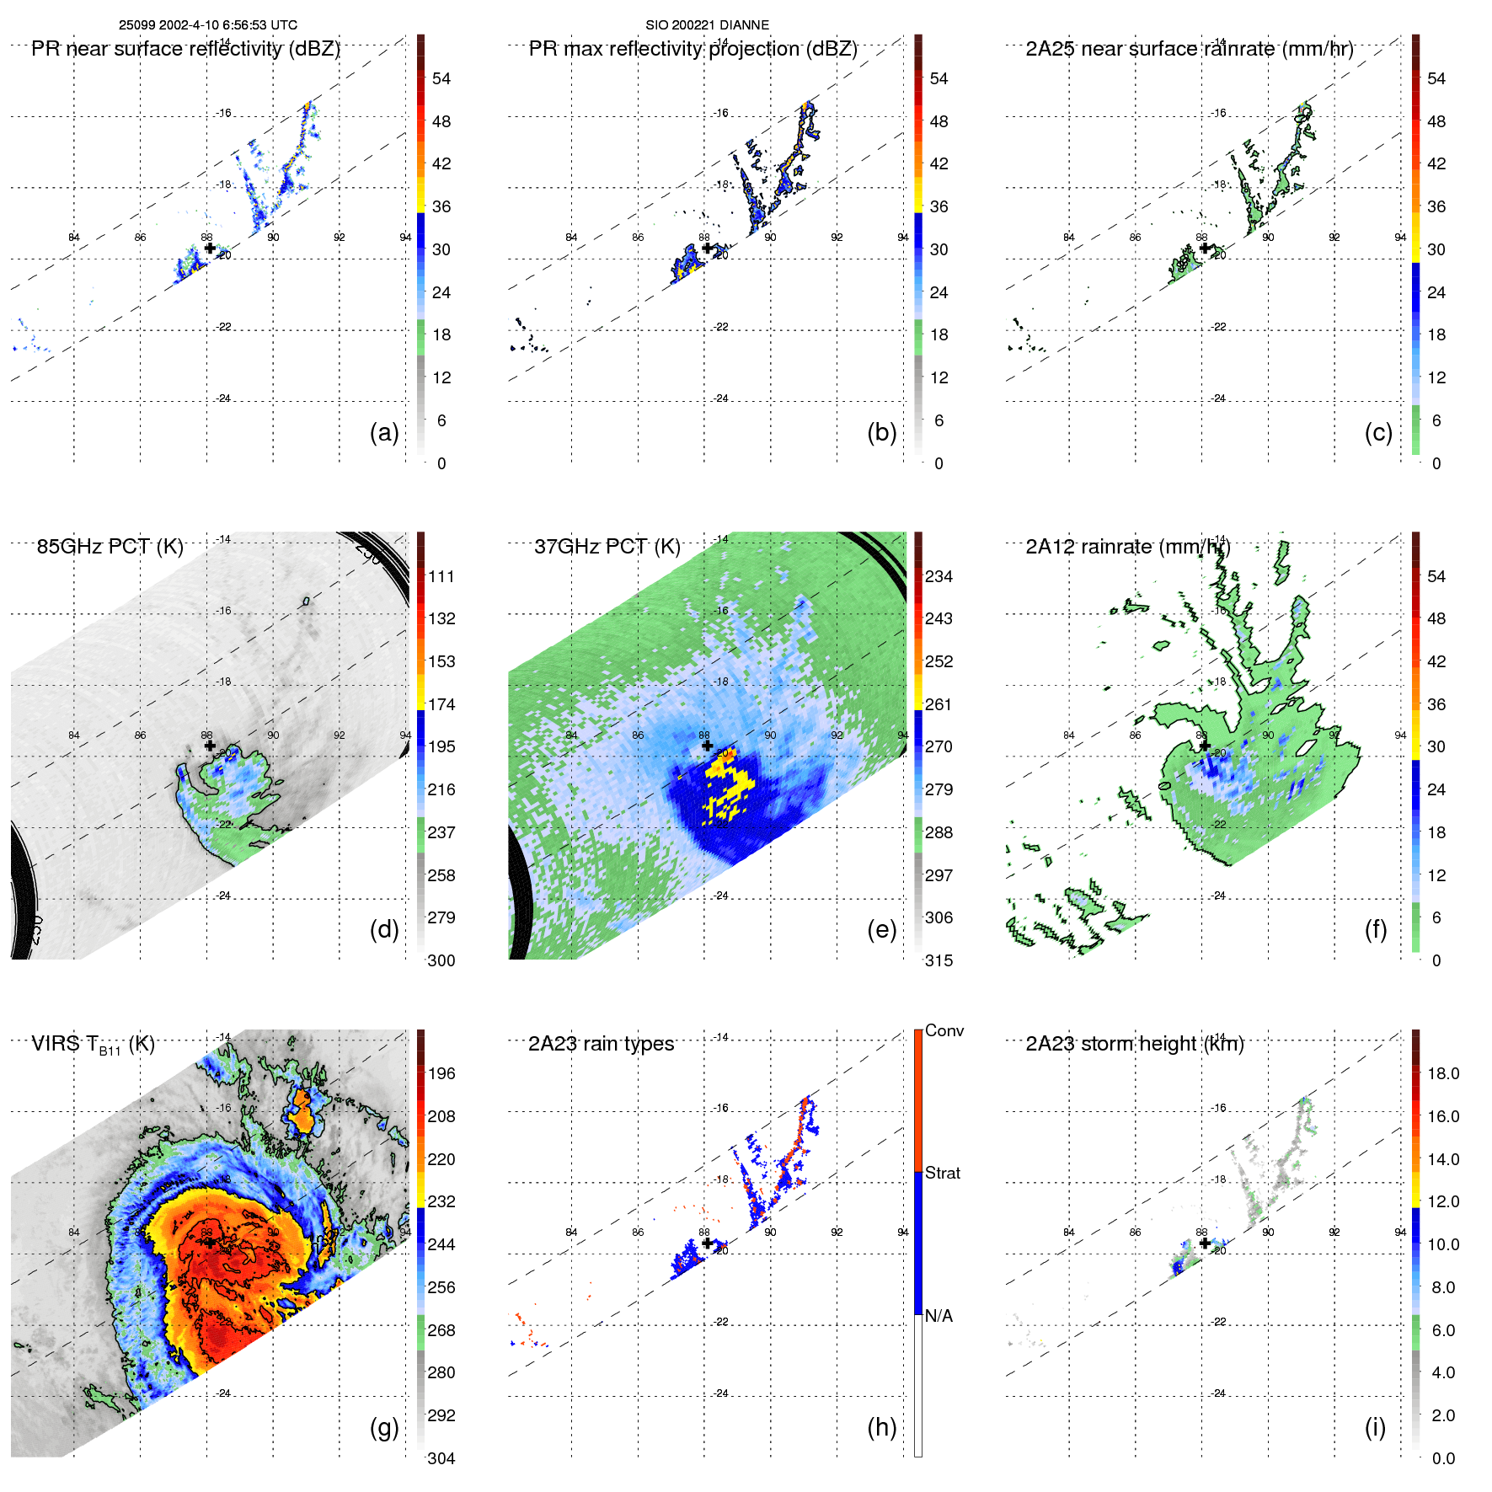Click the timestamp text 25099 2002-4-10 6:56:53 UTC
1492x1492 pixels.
[207, 25]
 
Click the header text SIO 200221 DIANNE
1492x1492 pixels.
[707, 25]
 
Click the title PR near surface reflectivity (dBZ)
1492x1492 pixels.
[185, 49]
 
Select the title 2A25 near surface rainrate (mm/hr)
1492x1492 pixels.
[1189, 49]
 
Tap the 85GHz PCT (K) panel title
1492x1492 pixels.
[110, 547]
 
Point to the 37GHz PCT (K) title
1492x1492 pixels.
[607, 547]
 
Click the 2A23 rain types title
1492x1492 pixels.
[601, 1044]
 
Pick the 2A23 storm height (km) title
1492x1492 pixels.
[1134, 1044]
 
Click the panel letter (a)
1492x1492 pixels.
[384, 432]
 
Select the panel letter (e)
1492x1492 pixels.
[881, 929]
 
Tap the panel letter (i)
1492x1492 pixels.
[1375, 1427]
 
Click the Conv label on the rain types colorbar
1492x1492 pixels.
[944, 1030]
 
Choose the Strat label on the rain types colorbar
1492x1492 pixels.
[943, 1173]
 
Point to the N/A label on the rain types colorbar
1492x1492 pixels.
[939, 1316]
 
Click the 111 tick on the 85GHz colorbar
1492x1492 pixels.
[441, 576]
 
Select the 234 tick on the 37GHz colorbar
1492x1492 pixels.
[939, 576]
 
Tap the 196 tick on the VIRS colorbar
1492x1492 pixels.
[441, 1073]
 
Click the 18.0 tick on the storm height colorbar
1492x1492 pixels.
[1443, 1073]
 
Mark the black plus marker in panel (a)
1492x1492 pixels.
[210, 249]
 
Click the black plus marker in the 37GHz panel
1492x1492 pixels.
[707, 746]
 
